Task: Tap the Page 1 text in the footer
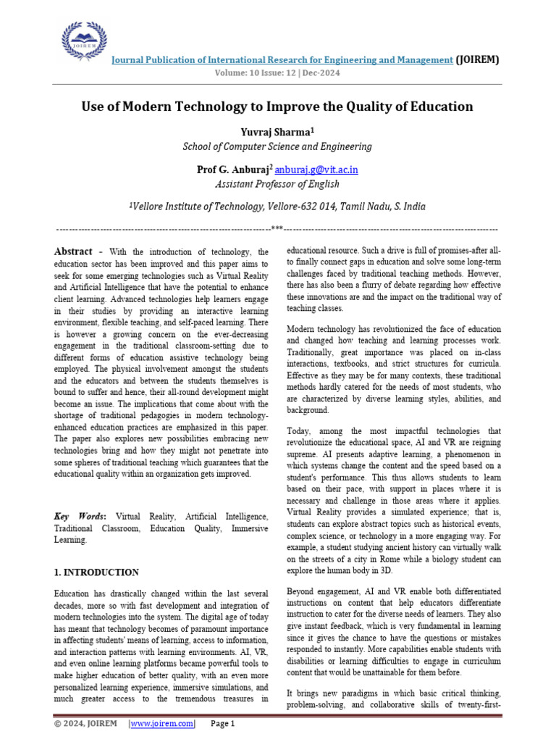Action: [223, 723]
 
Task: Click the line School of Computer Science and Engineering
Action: [277, 146]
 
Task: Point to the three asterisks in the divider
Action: [277, 229]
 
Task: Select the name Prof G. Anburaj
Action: [232, 170]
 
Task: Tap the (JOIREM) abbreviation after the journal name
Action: [477, 60]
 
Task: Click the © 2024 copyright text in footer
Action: [70, 723]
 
